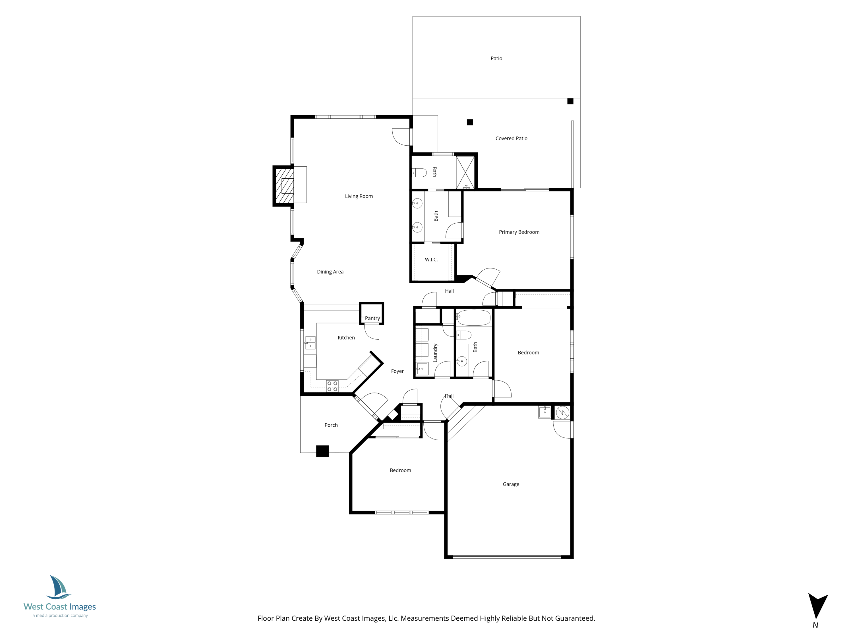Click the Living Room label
[x=359, y=196]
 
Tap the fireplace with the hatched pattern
[x=284, y=186]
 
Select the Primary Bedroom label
[x=519, y=232]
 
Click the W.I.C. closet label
[x=431, y=260]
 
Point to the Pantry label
[x=372, y=318]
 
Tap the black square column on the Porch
[x=322, y=451]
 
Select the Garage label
[x=511, y=484]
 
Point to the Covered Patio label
[x=511, y=139]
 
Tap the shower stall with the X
[x=465, y=172]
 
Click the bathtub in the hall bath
[x=474, y=318]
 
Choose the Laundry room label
[x=435, y=353]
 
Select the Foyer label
[x=397, y=371]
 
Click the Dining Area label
[x=330, y=272]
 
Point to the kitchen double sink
[x=310, y=342]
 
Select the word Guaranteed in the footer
[x=575, y=618]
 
